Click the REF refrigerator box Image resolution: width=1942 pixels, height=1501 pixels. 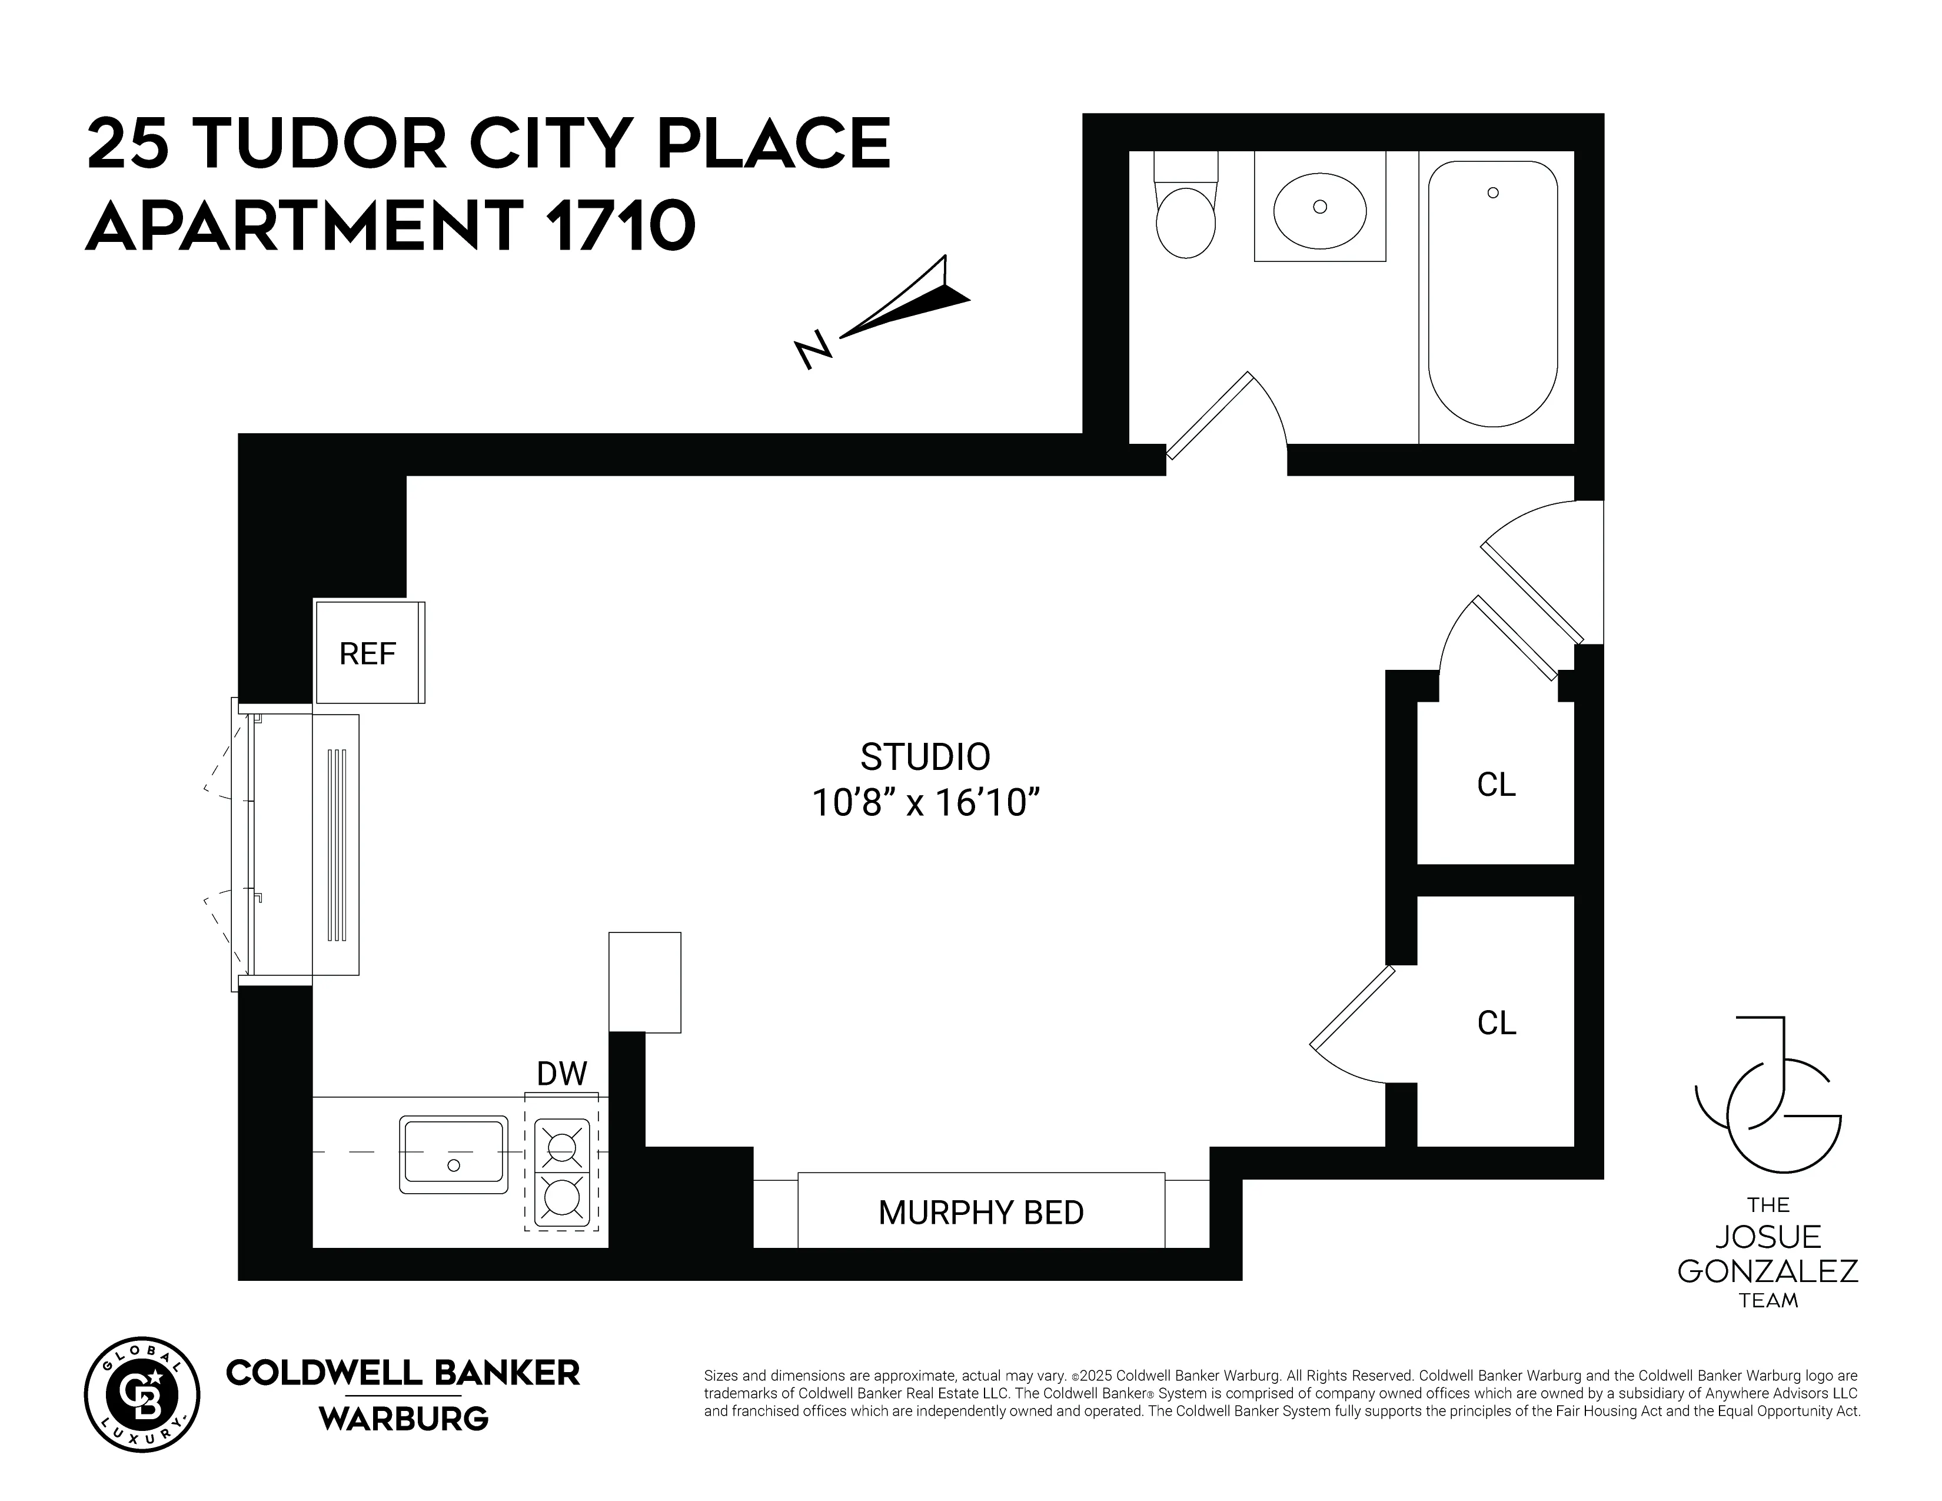(x=368, y=653)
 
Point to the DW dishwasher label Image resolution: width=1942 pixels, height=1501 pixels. (x=562, y=1074)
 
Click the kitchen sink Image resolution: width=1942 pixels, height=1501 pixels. (x=454, y=1155)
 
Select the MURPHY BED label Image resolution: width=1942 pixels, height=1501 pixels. (x=981, y=1213)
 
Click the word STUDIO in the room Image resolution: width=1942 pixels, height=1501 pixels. (x=925, y=758)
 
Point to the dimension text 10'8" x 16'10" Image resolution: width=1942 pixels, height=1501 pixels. (x=925, y=804)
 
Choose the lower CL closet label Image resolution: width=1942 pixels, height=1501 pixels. (x=1495, y=1024)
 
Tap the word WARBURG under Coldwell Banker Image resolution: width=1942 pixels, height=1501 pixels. (x=404, y=1419)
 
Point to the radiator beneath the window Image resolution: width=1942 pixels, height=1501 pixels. (x=336, y=845)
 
